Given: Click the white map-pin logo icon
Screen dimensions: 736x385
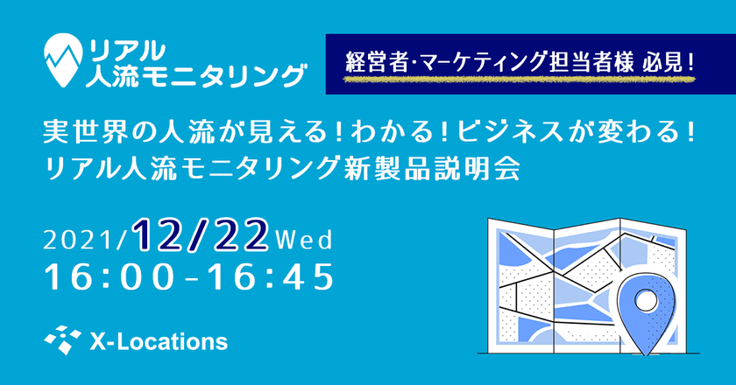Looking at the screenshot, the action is coord(63,59).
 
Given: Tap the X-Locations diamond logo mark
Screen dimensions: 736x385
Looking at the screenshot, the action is coord(62,340).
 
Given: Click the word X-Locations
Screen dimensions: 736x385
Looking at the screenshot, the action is coord(159,342).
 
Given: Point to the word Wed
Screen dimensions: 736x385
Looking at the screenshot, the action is coord(304,240).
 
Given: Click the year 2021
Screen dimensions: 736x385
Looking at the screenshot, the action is coord(81,241).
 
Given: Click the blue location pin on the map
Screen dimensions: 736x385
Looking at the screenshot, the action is coord(647,311).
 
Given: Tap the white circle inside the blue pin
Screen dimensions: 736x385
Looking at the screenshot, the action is coord(646,298).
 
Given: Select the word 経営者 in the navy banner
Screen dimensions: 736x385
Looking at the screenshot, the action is coord(377,62).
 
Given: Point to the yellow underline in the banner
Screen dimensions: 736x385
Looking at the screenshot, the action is coord(519,80).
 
